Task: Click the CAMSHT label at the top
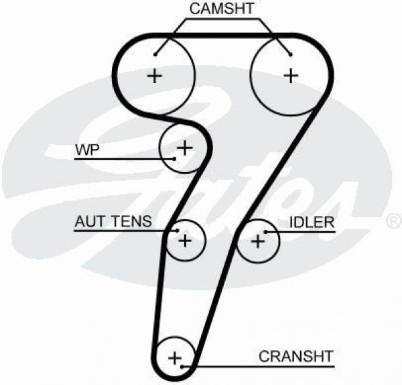pyautogui.click(x=222, y=9)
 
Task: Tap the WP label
pyautogui.click(x=87, y=150)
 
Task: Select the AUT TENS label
pyautogui.click(x=113, y=221)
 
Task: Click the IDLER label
pyautogui.click(x=312, y=222)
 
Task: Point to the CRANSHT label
pyautogui.click(x=296, y=356)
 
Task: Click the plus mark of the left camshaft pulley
pyautogui.click(x=154, y=76)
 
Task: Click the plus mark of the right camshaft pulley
pyautogui.click(x=291, y=76)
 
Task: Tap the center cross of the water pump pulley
pyautogui.click(x=185, y=148)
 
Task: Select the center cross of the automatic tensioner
pyautogui.click(x=185, y=241)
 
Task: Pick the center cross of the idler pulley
pyautogui.click(x=258, y=241)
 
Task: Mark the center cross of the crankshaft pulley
pyautogui.click(x=175, y=358)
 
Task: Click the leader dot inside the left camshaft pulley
pyautogui.click(x=155, y=55)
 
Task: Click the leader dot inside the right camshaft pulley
pyautogui.click(x=291, y=55)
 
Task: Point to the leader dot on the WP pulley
pyautogui.click(x=175, y=159)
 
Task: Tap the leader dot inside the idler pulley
pyautogui.click(x=266, y=232)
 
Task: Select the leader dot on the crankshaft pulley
pyautogui.click(x=182, y=367)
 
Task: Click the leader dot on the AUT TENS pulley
pyautogui.click(x=177, y=231)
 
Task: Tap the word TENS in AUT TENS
pyautogui.click(x=132, y=221)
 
